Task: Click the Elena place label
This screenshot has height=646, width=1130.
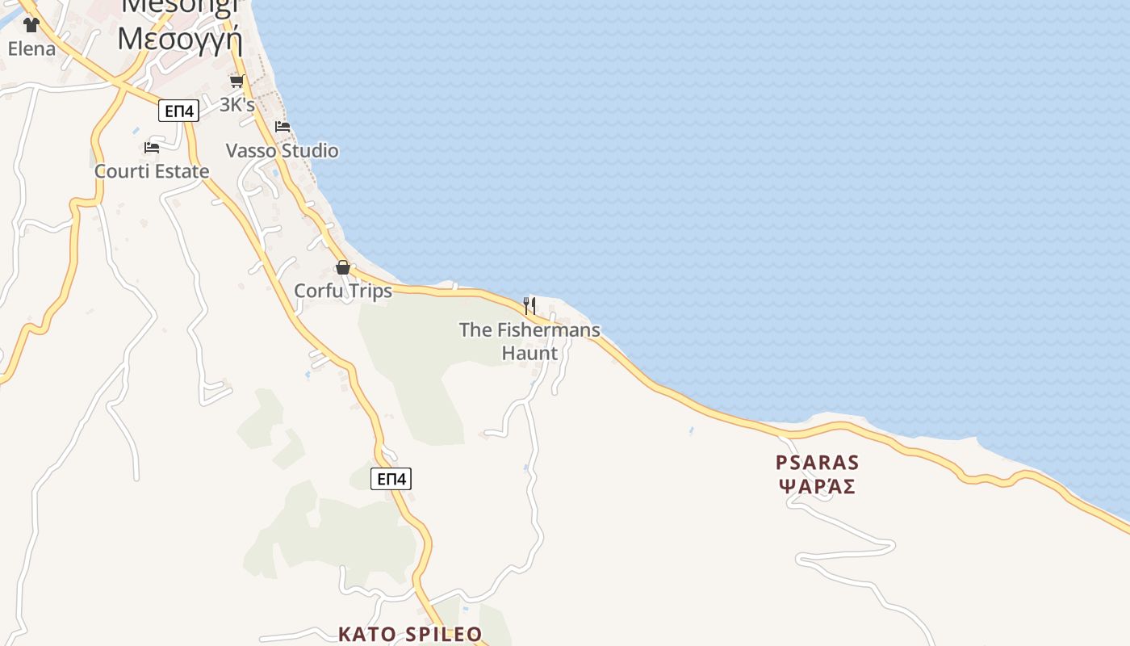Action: click(x=32, y=48)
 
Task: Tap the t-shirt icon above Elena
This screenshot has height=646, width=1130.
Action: click(x=31, y=25)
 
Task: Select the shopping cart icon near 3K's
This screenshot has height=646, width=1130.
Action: click(x=236, y=82)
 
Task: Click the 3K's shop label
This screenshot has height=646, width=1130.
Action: click(x=237, y=105)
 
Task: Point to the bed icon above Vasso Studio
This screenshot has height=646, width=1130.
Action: click(x=282, y=127)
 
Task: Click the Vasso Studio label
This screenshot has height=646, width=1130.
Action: click(x=282, y=151)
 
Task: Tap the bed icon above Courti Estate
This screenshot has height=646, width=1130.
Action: click(x=151, y=148)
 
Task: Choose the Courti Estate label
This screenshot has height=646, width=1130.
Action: click(x=152, y=171)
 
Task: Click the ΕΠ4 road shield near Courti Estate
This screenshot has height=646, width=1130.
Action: click(x=178, y=111)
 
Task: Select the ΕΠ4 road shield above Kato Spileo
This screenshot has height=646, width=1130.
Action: click(x=391, y=479)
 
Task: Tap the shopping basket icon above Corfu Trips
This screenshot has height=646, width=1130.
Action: click(x=343, y=267)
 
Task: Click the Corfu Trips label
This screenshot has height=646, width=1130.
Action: click(x=343, y=291)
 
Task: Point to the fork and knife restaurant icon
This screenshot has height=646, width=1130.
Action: click(x=529, y=306)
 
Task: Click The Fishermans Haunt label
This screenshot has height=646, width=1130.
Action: click(x=529, y=341)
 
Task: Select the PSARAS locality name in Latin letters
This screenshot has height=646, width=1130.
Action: click(x=817, y=463)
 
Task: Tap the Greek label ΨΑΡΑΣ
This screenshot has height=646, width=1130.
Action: click(x=817, y=487)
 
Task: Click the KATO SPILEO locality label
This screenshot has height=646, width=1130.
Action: click(x=410, y=634)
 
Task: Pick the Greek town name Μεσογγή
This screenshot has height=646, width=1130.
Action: click(x=179, y=37)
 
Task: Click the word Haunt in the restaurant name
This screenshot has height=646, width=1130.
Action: click(x=529, y=353)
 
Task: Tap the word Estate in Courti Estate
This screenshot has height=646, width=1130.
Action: click(x=182, y=171)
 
